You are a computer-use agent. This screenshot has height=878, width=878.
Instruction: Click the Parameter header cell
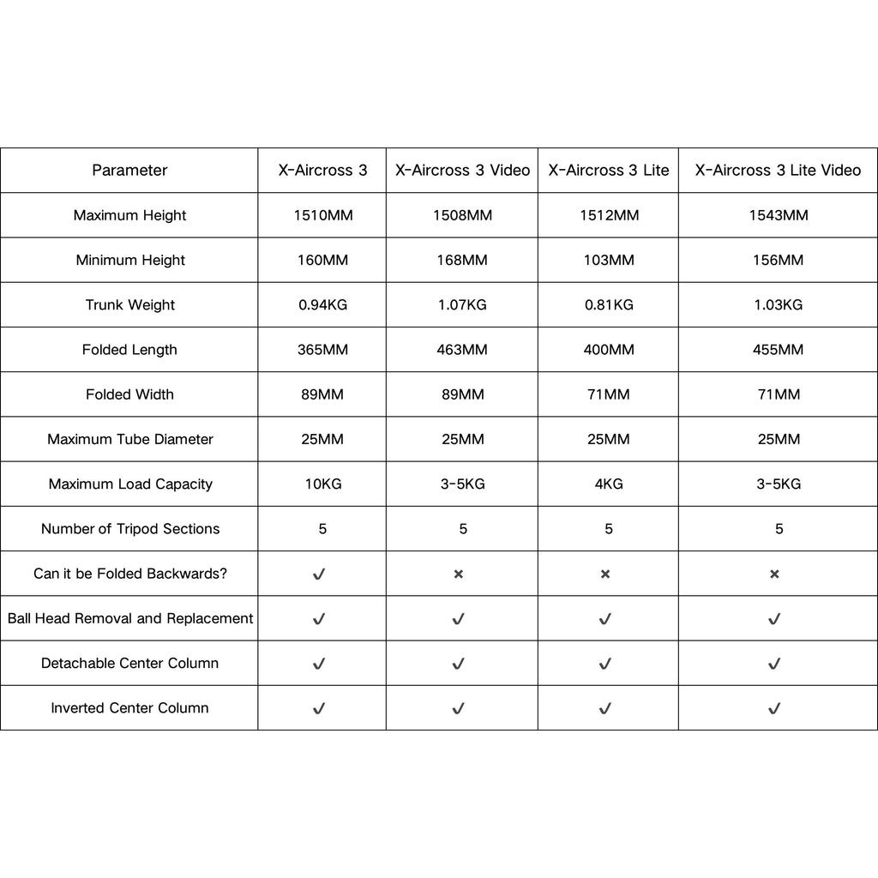tap(129, 171)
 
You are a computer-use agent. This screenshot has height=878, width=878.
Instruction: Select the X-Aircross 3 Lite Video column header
tap(778, 171)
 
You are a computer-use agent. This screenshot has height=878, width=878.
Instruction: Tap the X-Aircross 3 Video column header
tap(462, 171)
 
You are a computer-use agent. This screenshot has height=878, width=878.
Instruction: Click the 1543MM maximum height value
tap(779, 215)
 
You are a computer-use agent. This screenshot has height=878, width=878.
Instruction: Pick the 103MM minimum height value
tap(609, 260)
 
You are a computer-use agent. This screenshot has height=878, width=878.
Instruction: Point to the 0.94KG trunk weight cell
tap(322, 304)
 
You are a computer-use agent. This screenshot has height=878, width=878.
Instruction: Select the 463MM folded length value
tap(462, 350)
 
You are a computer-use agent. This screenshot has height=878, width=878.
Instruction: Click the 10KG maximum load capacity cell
tap(322, 484)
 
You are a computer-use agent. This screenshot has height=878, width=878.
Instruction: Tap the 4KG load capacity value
tap(609, 484)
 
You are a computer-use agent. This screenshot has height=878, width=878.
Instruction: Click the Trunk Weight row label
tap(129, 304)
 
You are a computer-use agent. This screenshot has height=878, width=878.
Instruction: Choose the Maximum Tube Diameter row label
tap(129, 439)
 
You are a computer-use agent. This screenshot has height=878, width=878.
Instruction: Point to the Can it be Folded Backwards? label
tap(129, 574)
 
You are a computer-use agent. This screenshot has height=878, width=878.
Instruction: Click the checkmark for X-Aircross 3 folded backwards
tap(319, 574)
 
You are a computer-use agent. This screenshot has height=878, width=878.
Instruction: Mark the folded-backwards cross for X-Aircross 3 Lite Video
tap(774, 574)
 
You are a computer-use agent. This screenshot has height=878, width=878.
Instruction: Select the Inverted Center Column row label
tap(129, 708)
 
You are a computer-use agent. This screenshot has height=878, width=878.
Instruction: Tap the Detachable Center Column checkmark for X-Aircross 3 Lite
tap(605, 664)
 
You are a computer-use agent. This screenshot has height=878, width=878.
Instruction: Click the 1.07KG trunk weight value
tap(462, 304)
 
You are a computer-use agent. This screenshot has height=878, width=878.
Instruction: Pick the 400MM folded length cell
tap(609, 350)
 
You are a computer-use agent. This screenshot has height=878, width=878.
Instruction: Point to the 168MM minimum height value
tap(462, 260)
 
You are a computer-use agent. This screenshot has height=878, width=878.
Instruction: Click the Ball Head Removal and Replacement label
tap(129, 618)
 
